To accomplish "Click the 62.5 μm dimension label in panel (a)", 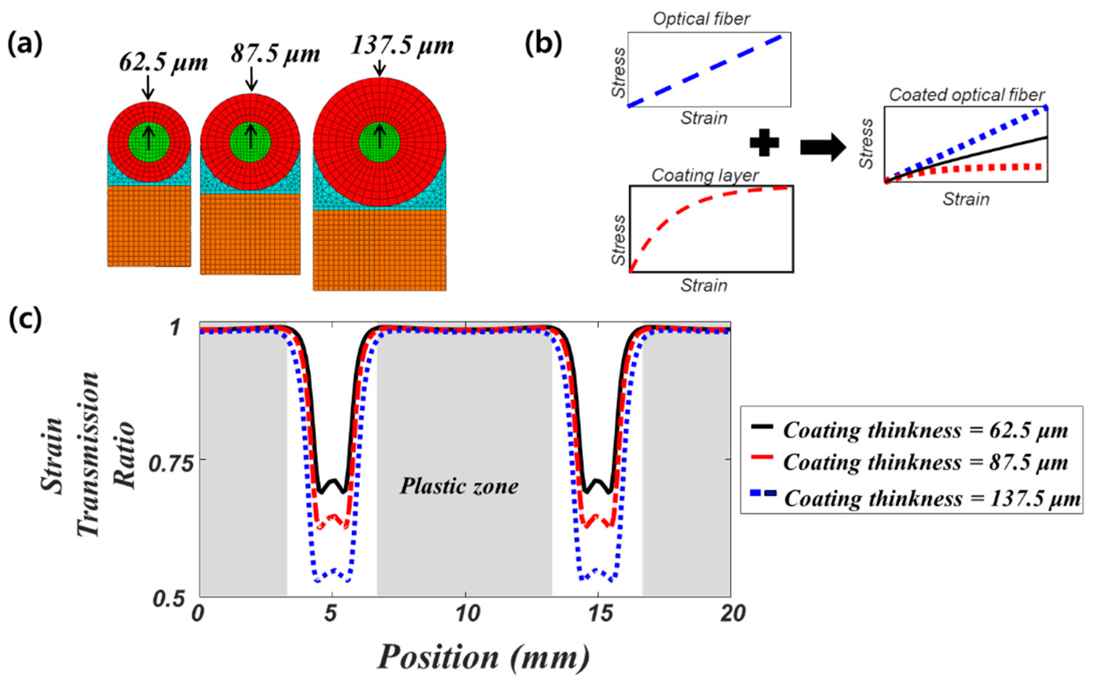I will [x=164, y=63].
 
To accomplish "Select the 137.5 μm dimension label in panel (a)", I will [x=402, y=46].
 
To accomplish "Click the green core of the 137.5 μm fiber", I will [x=380, y=142].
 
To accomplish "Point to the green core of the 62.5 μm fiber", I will [x=149, y=142].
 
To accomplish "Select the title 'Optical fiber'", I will [x=701, y=19].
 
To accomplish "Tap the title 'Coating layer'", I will [x=705, y=175].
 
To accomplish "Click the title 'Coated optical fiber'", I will [x=967, y=95].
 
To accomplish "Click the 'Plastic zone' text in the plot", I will [x=459, y=487].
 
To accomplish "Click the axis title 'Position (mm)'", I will [x=484, y=657].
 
